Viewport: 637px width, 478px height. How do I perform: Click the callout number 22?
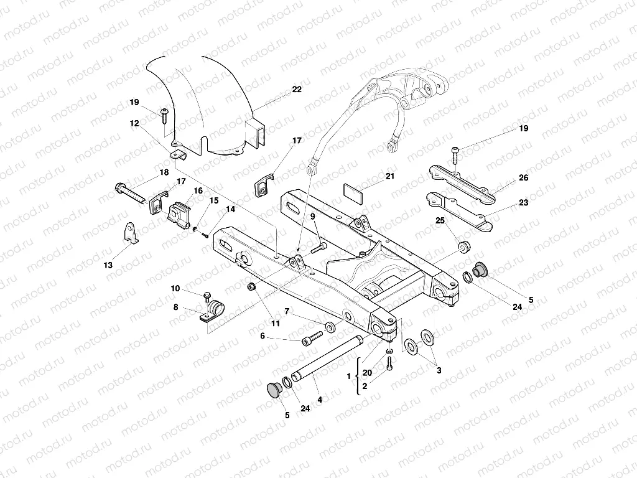click(x=297, y=90)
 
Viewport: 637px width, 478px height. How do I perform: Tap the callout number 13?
click(x=108, y=265)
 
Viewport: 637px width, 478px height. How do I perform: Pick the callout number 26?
click(x=523, y=178)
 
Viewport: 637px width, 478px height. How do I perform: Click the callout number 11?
click(x=275, y=323)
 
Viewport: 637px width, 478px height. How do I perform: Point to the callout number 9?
click(x=313, y=216)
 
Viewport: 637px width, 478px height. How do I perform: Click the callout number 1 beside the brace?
click(x=348, y=377)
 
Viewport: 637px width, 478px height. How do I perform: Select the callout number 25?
click(x=440, y=221)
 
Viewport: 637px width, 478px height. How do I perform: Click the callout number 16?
click(x=198, y=191)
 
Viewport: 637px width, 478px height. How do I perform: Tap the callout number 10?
click(x=175, y=288)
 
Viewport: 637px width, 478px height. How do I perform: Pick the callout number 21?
click(x=390, y=176)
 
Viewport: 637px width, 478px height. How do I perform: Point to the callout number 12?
click(x=134, y=123)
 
